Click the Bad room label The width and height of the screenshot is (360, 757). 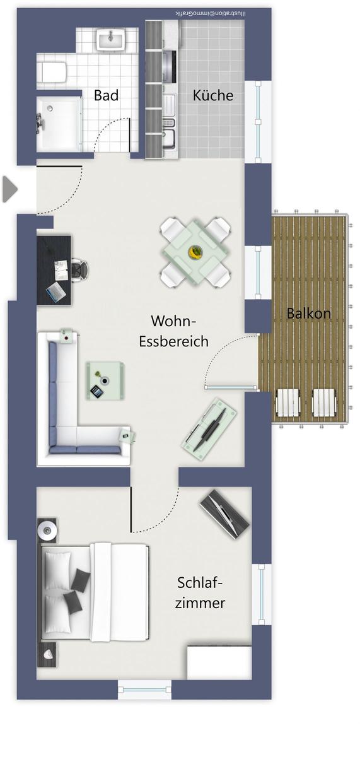[106, 95]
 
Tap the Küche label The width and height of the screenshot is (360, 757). [212, 95]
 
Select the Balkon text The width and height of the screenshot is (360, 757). [309, 314]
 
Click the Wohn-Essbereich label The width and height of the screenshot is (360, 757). [173, 331]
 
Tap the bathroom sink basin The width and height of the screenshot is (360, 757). [111, 39]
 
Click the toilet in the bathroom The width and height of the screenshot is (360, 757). [53, 72]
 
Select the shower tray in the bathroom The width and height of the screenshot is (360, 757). [59, 124]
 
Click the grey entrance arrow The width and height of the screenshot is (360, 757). [10, 189]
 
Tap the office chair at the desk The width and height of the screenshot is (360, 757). [80, 269]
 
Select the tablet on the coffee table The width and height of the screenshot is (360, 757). [96, 392]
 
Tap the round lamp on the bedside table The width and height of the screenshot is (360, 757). [46, 528]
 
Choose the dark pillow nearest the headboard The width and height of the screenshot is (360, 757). [80, 578]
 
